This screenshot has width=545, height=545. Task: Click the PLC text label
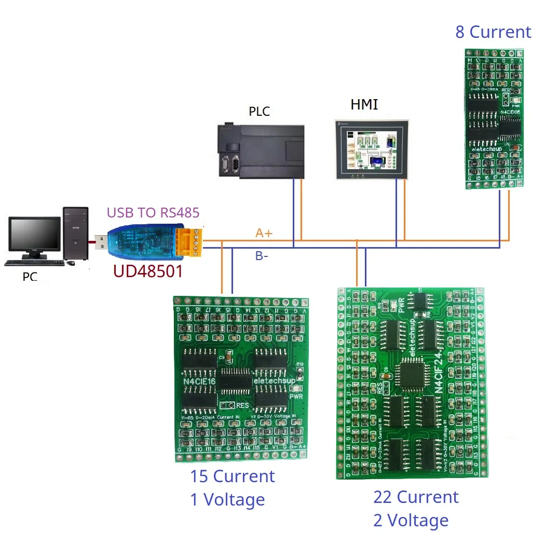click(x=260, y=112)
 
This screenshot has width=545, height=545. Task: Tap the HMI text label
click(x=364, y=105)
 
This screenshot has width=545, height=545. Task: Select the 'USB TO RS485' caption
click(x=153, y=212)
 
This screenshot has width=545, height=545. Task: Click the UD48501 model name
click(x=148, y=270)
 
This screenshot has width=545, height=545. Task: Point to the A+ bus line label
click(x=264, y=234)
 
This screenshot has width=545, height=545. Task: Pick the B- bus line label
click(x=262, y=255)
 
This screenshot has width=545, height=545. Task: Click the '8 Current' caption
click(x=493, y=32)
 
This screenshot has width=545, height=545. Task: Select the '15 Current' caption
click(x=233, y=476)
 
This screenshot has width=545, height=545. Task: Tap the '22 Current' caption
click(x=416, y=497)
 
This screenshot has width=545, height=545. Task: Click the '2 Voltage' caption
click(x=411, y=520)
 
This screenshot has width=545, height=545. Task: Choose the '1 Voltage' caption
click(x=227, y=499)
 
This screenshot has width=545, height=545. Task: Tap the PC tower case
click(x=76, y=234)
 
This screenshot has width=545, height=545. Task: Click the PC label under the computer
click(x=30, y=277)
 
